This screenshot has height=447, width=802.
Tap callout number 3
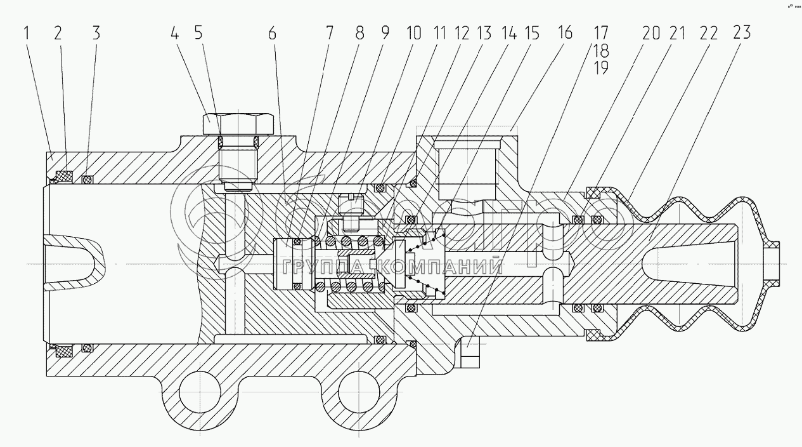click(x=96, y=33)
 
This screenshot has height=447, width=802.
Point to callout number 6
click(x=272, y=33)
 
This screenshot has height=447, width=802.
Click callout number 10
click(x=412, y=33)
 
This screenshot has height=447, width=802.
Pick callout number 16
click(x=564, y=33)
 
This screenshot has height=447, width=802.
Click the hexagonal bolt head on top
click(x=238, y=123)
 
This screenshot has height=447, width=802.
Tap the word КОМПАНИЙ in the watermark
click(x=444, y=266)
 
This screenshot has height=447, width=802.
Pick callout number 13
click(x=484, y=33)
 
